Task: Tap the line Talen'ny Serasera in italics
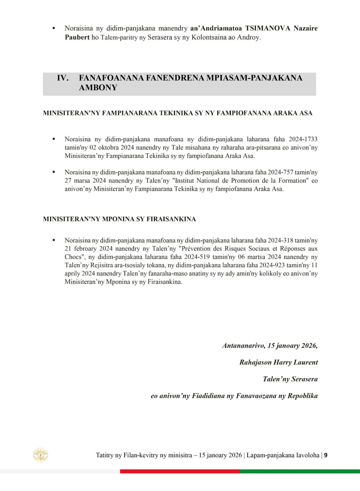(290, 379)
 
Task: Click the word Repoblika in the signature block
(302, 396)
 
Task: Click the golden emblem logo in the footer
(41, 455)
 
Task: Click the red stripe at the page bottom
(180, 471)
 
